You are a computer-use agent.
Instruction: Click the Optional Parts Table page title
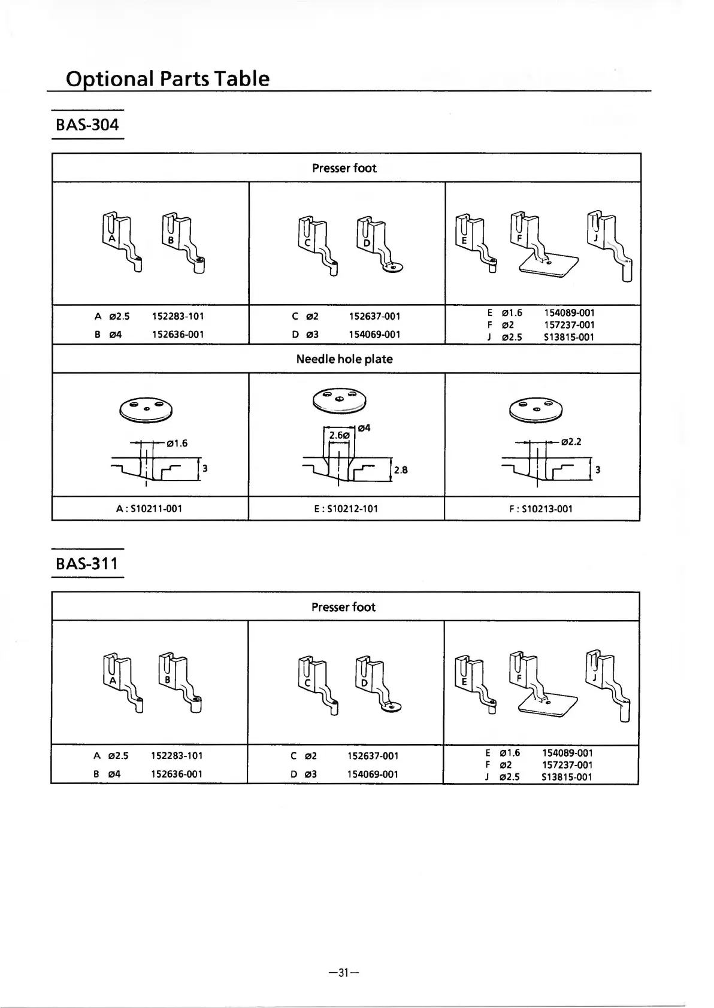pyautogui.click(x=168, y=78)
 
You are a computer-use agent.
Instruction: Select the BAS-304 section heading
pyautogui.click(x=87, y=125)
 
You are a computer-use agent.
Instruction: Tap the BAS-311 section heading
pyautogui.click(x=87, y=563)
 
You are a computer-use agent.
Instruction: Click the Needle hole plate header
pyautogui.click(x=344, y=359)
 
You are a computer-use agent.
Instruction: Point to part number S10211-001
pyautogui.click(x=149, y=509)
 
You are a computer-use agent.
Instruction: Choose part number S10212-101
pyautogui.click(x=345, y=509)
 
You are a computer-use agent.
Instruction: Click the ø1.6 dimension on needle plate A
pyautogui.click(x=177, y=444)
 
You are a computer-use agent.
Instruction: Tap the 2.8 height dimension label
pyautogui.click(x=401, y=470)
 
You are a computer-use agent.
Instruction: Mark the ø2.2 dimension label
pyautogui.click(x=571, y=442)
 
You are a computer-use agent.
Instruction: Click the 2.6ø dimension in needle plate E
pyautogui.click(x=339, y=435)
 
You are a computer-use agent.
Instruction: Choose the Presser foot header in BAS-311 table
pyautogui.click(x=343, y=607)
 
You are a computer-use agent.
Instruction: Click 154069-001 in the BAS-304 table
pyautogui.click(x=374, y=335)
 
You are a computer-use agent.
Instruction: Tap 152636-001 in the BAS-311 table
pyautogui.click(x=177, y=774)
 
